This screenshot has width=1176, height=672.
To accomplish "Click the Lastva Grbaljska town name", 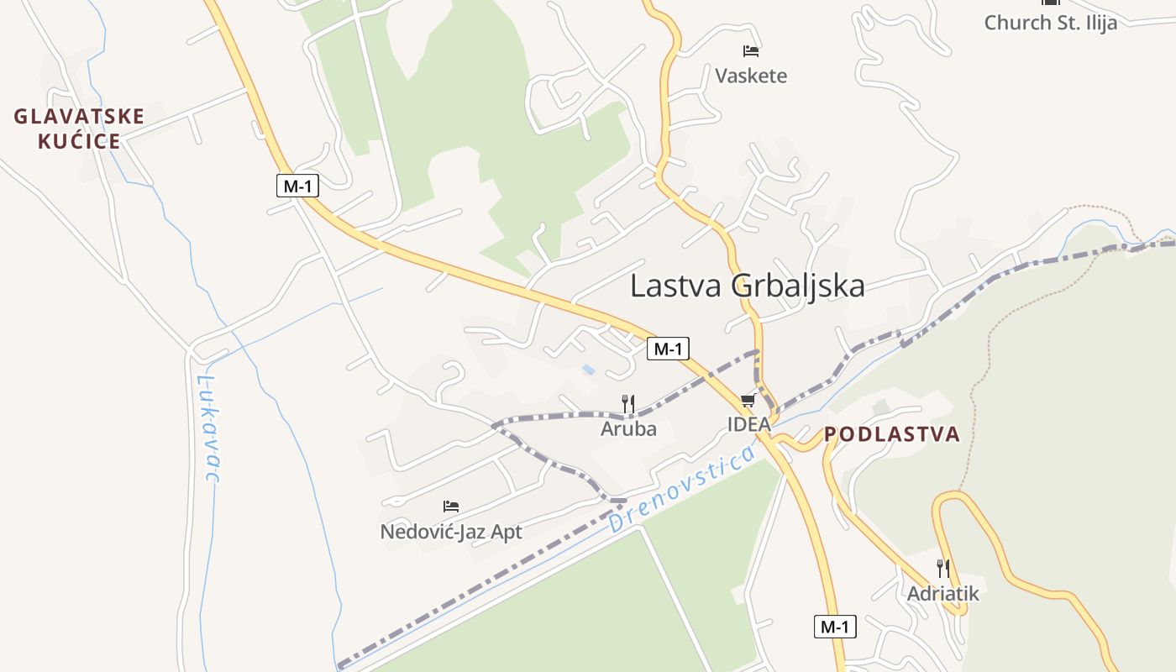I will tap(747, 286).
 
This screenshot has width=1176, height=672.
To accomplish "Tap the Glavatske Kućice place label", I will tap(79, 129).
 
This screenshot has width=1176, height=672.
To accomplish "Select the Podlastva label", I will tap(891, 434).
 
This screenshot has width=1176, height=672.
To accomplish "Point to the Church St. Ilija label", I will tap(1050, 23).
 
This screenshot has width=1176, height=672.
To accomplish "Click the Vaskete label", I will tap(751, 76).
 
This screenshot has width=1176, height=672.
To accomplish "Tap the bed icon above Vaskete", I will tap(751, 51).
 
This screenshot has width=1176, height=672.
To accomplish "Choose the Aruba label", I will tap(628, 428).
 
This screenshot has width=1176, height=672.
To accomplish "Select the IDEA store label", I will tap(748, 424).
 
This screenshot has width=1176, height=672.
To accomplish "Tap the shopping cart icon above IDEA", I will tap(748, 401).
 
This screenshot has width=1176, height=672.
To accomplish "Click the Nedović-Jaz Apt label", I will tap(451, 532).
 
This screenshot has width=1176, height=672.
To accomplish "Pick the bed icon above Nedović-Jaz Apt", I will tap(451, 507).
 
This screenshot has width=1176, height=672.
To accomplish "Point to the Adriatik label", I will tap(943, 594).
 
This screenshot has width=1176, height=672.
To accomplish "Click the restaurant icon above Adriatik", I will tap(943, 569).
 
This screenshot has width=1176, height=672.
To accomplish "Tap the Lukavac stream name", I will tap(208, 428).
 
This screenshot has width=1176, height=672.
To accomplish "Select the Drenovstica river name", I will tap(681, 491).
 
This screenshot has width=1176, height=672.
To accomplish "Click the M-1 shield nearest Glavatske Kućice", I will tap(297, 186).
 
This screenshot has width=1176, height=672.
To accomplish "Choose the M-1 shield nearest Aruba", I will tap(668, 349).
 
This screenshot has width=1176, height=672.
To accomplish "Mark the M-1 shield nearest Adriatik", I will tap(835, 627).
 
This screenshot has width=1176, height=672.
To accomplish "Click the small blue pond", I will tap(589, 369).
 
